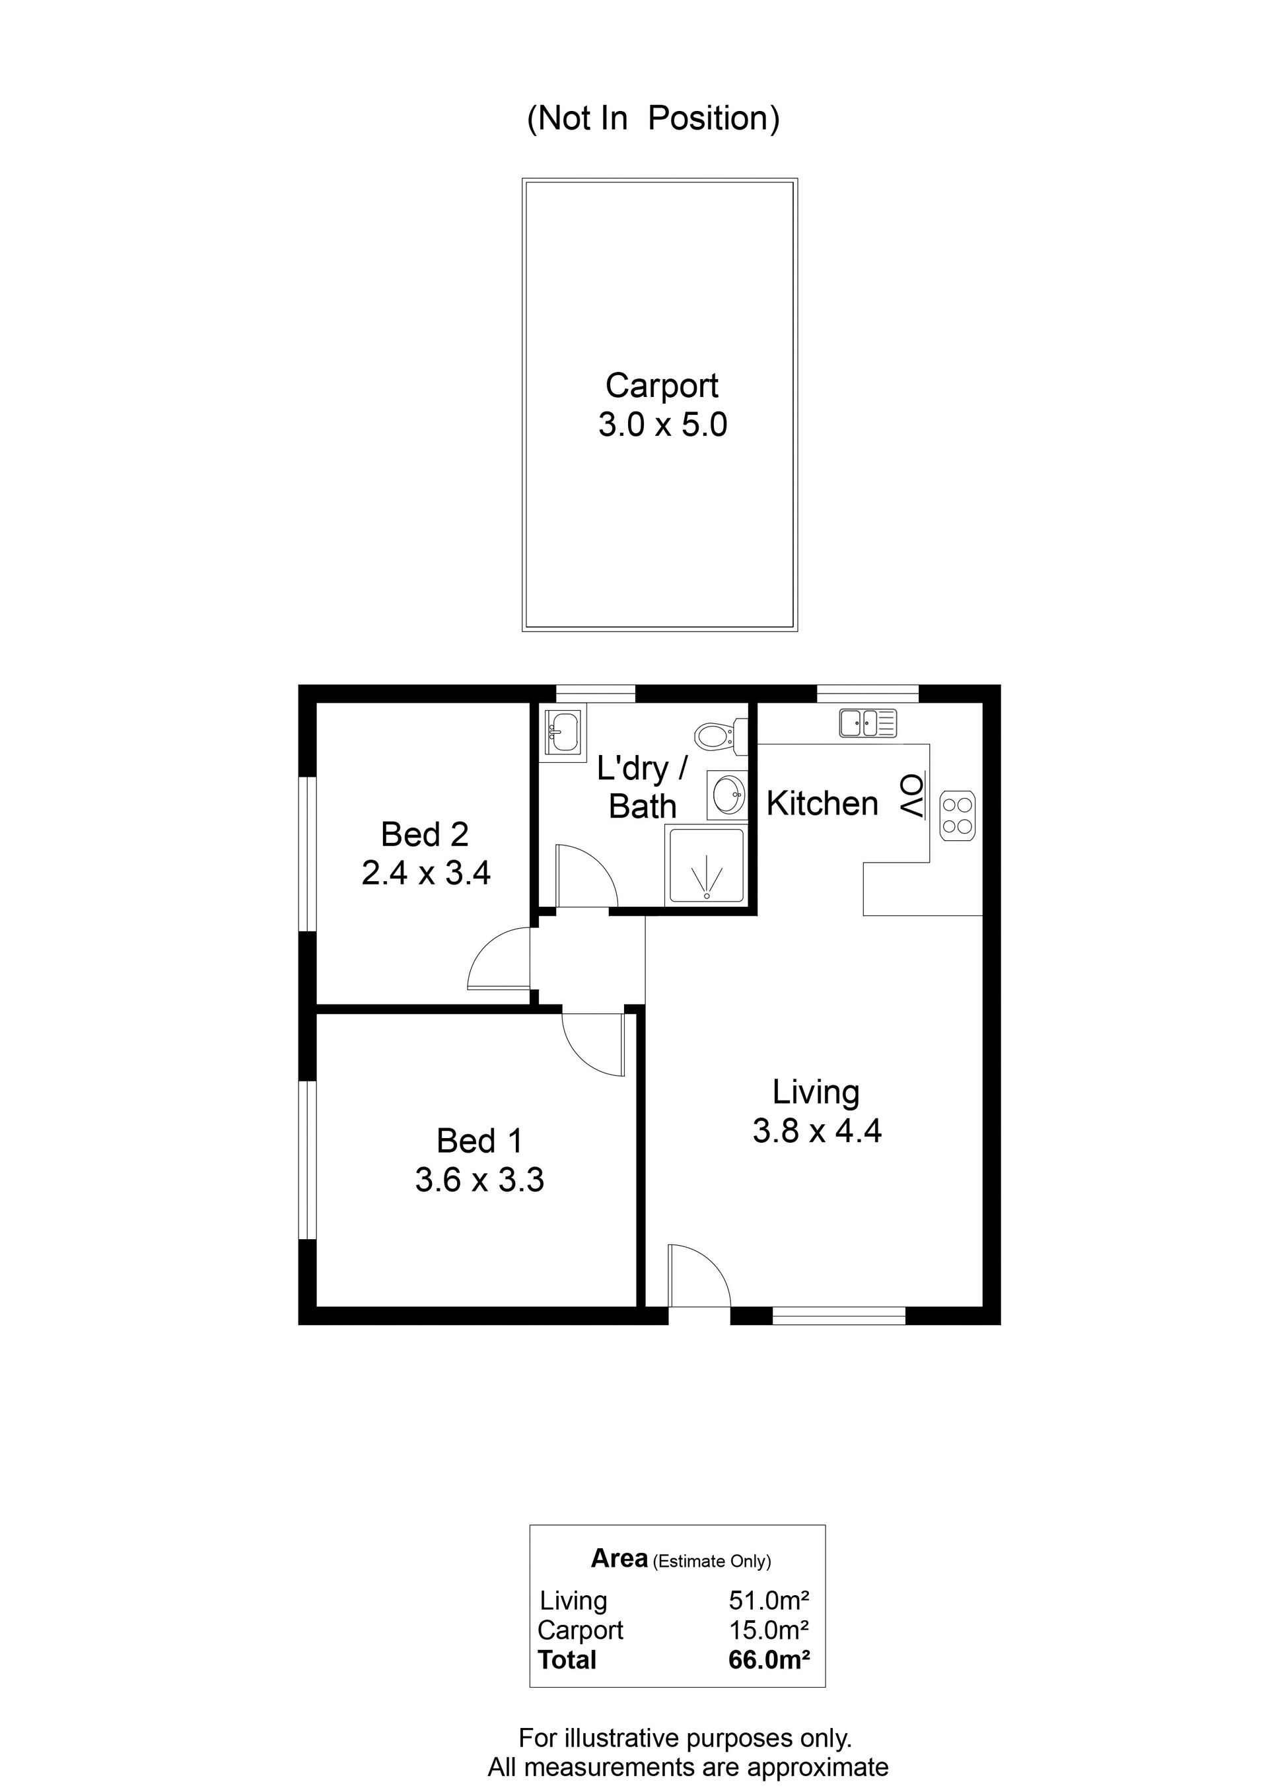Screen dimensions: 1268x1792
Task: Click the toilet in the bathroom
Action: (721, 735)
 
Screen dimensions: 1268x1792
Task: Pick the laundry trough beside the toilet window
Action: (562, 733)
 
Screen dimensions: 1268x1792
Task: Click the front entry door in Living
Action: (699, 1275)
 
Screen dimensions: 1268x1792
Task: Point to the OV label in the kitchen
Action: (912, 797)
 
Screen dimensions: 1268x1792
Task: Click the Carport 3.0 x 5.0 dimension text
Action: (662, 425)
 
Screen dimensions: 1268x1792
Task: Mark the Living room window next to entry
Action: (839, 1316)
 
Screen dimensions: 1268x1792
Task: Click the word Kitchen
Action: (822, 803)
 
